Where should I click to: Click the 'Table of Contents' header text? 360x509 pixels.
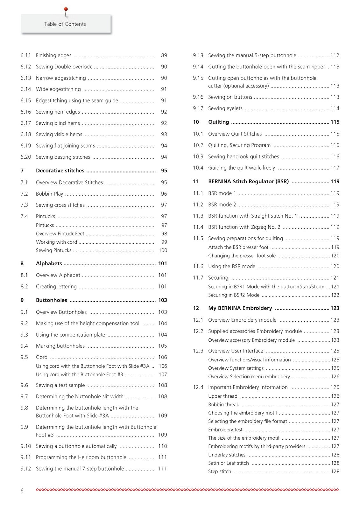pos(65,24)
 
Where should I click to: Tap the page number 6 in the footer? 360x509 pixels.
pos(22,491)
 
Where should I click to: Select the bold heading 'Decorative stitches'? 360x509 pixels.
pos(60,171)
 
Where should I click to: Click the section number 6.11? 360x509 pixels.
pos(26,55)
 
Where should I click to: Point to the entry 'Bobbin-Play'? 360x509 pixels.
pos(49,194)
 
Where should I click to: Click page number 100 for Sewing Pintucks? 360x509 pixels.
pos(163,250)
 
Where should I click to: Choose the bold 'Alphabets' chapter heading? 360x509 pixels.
pos(49,263)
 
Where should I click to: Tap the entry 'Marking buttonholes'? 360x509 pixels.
pos(60,346)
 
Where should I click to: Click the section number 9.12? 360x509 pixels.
pos(26,469)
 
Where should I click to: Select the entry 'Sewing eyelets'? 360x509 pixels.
pos(225,108)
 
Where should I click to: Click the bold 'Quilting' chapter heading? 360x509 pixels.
pos(218,122)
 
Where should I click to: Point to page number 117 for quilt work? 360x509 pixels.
pos(335,168)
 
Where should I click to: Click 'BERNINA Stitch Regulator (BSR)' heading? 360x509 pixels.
pos(248,182)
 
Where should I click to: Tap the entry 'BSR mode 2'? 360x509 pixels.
pos(222,205)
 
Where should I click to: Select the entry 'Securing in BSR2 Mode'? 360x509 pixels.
pos(234,295)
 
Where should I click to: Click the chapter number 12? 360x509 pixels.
pos(196,308)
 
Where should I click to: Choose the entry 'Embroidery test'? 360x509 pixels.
pos(225,430)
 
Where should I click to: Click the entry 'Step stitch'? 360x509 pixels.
pos(220,472)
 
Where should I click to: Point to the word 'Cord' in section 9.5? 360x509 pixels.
pos(42,357)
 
